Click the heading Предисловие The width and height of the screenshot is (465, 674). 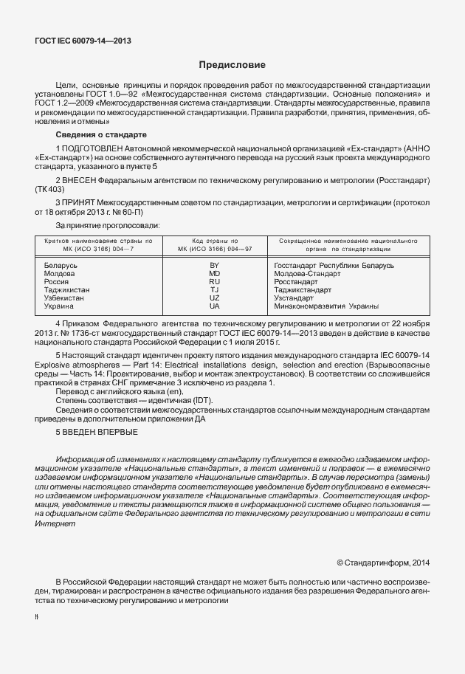pyautogui.click(x=232, y=66)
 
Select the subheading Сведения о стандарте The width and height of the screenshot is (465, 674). pyautogui.click(x=101, y=135)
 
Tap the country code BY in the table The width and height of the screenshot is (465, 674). pyautogui.click(x=215, y=264)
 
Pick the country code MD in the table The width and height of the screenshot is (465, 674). pyautogui.click(x=215, y=273)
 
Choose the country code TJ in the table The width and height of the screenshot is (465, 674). pyautogui.click(x=215, y=290)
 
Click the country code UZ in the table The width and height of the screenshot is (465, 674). pyautogui.click(x=215, y=298)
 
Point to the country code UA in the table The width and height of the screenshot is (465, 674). pyautogui.click(x=215, y=306)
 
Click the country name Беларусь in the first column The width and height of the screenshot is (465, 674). pyautogui.click(x=60, y=264)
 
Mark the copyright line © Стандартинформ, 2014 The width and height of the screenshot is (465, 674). pyautogui.click(x=383, y=563)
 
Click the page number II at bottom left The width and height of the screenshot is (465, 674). pyautogui.click(x=37, y=616)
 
